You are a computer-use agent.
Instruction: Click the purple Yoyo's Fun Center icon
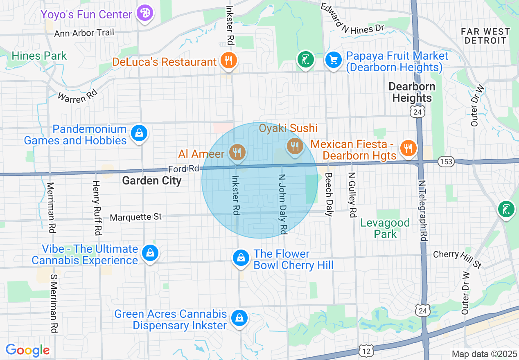144,13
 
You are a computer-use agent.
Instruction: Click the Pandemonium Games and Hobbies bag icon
139,133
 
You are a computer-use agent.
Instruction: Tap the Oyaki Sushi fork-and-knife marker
295,146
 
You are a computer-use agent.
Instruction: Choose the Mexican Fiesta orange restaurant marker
408,148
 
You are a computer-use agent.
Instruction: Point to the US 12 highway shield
365,350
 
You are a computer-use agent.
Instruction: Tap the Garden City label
151,180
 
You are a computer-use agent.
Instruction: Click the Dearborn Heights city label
412,92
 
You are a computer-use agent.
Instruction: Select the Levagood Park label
385,228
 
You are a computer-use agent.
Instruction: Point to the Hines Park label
39,56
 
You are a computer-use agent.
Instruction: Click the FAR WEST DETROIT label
485,36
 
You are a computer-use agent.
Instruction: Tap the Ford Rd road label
183,169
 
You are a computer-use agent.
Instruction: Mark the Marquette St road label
136,217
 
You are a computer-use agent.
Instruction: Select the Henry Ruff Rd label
97,208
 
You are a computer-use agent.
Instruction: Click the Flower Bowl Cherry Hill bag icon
241,258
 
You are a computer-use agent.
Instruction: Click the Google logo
27,350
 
